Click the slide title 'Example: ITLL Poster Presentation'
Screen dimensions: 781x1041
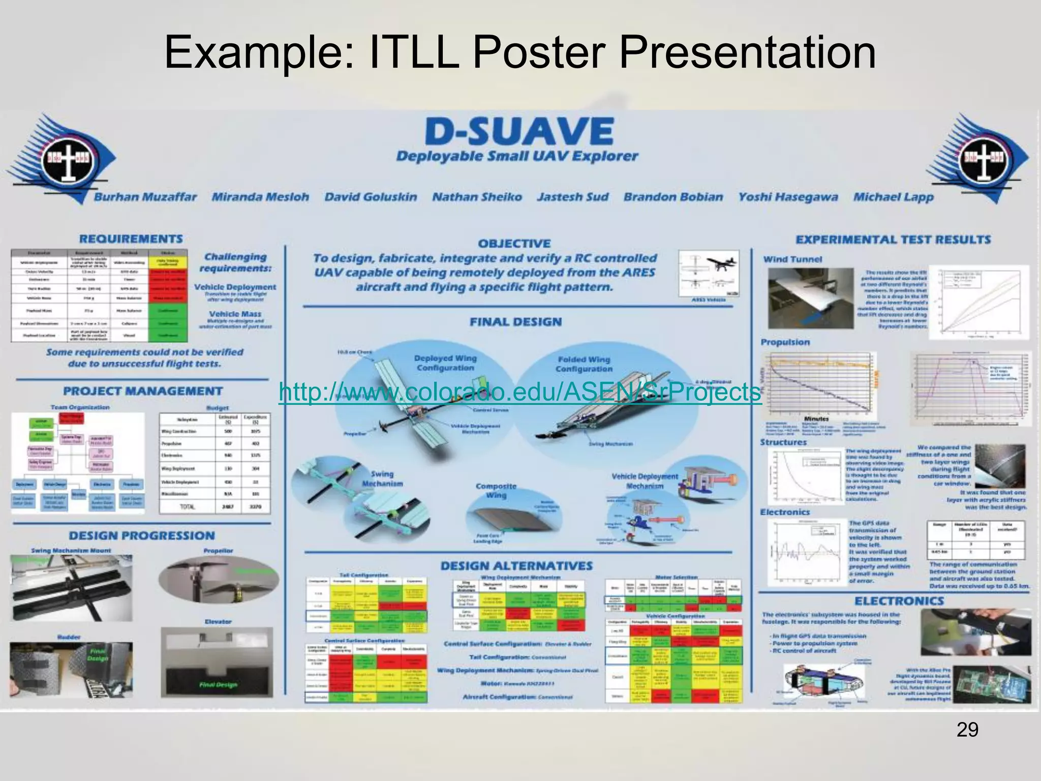520,53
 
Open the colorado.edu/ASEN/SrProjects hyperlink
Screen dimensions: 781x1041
520,393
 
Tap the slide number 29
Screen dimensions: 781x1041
967,730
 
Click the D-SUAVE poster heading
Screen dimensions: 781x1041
518,131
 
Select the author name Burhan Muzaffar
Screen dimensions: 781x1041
145,197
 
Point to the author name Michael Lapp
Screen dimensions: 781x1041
893,197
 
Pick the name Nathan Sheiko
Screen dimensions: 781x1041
477,197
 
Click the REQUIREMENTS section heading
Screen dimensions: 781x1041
131,239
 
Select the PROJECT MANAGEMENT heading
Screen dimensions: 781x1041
143,391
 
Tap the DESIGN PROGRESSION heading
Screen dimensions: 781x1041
142,535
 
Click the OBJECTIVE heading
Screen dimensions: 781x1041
514,244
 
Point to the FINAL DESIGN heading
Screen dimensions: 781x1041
515,322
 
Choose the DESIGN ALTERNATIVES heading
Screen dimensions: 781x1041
516,566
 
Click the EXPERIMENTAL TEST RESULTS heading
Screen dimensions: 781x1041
893,239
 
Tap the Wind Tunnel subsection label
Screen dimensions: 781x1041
792,259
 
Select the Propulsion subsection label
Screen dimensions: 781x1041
785,342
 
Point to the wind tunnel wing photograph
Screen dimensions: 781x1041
803,298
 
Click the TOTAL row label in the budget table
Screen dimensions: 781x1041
187,507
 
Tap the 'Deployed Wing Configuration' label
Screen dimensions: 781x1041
445,363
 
